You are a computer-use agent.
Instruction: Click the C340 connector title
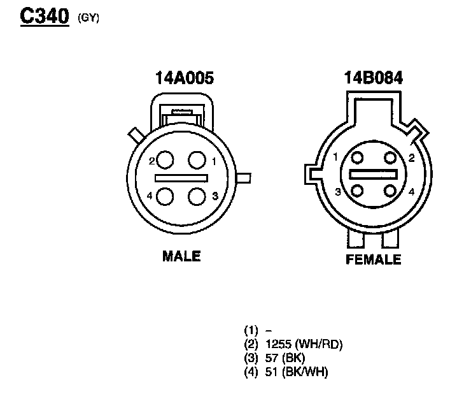[45, 16]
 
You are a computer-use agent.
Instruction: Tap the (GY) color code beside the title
[88, 18]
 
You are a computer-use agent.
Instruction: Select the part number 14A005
[185, 78]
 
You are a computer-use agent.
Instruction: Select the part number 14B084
[373, 78]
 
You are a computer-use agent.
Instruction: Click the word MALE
[181, 256]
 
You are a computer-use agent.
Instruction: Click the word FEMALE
[374, 259]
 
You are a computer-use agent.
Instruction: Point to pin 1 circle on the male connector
[197, 160]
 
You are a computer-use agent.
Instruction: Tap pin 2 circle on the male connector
[165, 160]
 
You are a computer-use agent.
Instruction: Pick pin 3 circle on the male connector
[197, 196]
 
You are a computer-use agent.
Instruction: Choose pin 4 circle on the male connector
[165, 196]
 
